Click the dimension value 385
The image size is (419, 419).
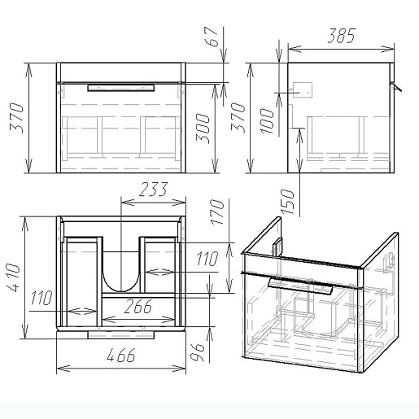tap(341, 36)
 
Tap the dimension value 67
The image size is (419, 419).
tap(213, 37)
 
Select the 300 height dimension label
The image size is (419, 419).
tap(203, 129)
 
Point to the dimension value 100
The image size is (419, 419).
tap(267, 120)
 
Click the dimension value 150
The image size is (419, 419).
tap(287, 201)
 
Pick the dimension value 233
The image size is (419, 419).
tap(154, 190)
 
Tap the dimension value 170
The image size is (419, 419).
tap(218, 212)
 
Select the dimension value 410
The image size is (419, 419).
tap(13, 277)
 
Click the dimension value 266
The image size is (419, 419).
tap(138, 307)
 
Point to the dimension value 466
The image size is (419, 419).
tap(121, 356)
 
